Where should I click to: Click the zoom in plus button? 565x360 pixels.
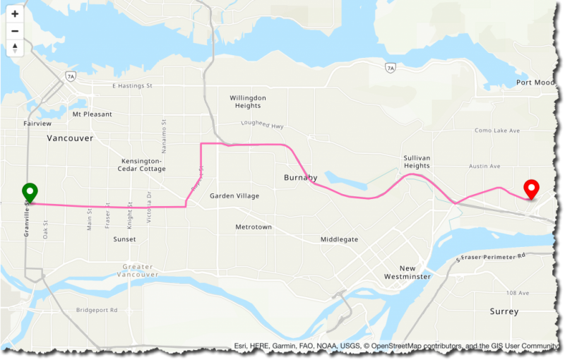pyautogui.click(x=15, y=14)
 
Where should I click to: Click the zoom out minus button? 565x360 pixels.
pyautogui.click(x=15, y=31)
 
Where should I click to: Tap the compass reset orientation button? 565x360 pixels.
pyautogui.click(x=15, y=48)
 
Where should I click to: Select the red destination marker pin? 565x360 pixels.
pyautogui.click(x=532, y=189)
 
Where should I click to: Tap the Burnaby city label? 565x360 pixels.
pyautogui.click(x=301, y=177)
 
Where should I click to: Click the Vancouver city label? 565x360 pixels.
pyautogui.click(x=70, y=138)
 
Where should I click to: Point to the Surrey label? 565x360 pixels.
pyautogui.click(x=504, y=311)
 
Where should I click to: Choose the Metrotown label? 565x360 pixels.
pyautogui.click(x=254, y=227)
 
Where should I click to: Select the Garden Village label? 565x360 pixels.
pyautogui.click(x=234, y=196)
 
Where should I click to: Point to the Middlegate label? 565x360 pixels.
pyautogui.click(x=339, y=240)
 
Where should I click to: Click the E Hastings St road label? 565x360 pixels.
pyautogui.click(x=133, y=86)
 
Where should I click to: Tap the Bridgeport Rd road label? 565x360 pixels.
pyautogui.click(x=97, y=310)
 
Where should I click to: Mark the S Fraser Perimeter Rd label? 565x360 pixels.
pyautogui.click(x=491, y=255)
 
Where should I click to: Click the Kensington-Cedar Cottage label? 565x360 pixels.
pyautogui.click(x=143, y=164)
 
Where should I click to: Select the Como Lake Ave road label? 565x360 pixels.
pyautogui.click(x=496, y=131)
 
